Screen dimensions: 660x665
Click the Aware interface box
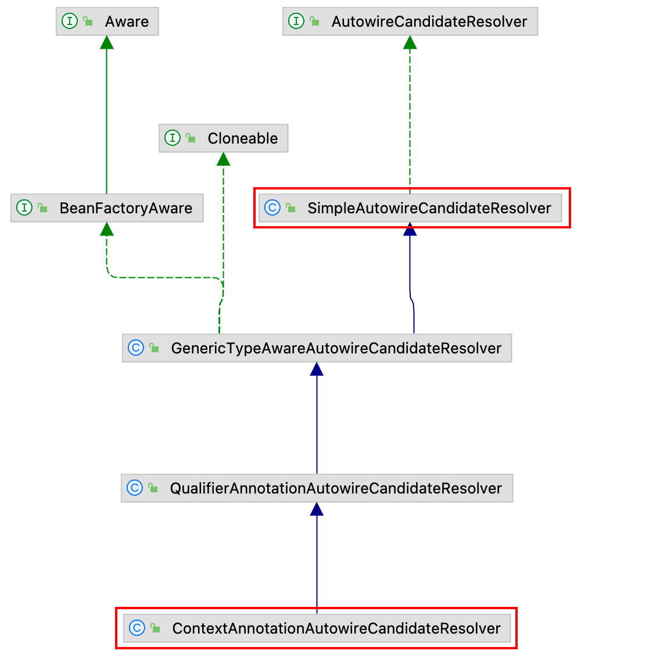[x=107, y=21]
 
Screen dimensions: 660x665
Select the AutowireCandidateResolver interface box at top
[x=410, y=21]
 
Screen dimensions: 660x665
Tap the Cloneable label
[x=242, y=138]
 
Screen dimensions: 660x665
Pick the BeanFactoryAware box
[x=107, y=208]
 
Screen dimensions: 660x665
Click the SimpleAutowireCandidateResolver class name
[x=429, y=208]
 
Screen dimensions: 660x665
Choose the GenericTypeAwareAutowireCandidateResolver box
[x=317, y=348]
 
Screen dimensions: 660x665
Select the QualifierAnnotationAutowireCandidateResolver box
[x=317, y=488]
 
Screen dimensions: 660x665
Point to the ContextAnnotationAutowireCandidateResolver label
[x=336, y=628]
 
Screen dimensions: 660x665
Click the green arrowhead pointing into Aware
[x=107, y=42]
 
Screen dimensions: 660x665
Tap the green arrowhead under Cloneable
[x=224, y=159]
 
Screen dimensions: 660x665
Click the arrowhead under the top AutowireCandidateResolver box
[x=410, y=42]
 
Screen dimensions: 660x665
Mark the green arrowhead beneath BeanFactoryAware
[x=107, y=229]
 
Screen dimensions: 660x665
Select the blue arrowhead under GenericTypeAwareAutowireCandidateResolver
[x=317, y=369]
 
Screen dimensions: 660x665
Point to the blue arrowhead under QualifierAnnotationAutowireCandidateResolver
[x=317, y=509]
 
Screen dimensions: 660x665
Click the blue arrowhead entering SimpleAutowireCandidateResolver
[x=410, y=229]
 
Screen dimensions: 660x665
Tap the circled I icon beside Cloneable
[x=172, y=138]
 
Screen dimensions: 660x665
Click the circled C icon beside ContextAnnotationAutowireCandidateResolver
[x=137, y=628]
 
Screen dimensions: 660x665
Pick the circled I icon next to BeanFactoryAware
[x=24, y=208]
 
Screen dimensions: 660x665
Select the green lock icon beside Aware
[x=88, y=21]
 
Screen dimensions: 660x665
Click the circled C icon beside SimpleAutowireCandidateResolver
[x=272, y=208]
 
